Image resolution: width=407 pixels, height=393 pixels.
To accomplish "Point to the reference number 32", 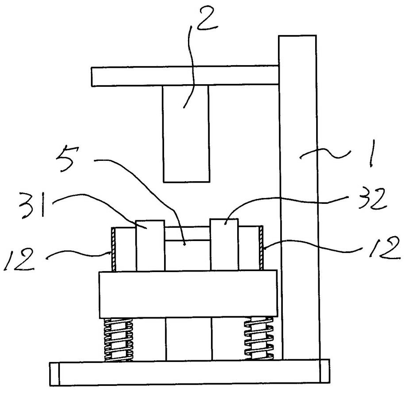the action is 372,199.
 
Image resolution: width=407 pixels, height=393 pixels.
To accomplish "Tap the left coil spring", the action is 118,339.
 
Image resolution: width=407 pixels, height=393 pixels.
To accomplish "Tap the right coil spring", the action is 259,338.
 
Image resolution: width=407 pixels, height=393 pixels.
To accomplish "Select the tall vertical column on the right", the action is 299,197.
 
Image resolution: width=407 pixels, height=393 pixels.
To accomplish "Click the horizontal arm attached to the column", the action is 185,76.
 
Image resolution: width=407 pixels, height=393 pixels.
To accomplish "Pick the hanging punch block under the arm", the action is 186,134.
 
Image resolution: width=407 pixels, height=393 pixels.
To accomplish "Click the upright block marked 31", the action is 150,245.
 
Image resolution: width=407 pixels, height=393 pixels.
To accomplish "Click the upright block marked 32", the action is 224,245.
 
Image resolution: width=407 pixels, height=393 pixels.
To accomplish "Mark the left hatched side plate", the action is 113,249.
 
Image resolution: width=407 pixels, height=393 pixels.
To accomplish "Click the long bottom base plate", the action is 190,373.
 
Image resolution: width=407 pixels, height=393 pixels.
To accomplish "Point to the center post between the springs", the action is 188,339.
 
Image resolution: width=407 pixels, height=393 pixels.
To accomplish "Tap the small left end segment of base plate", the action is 54,374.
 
